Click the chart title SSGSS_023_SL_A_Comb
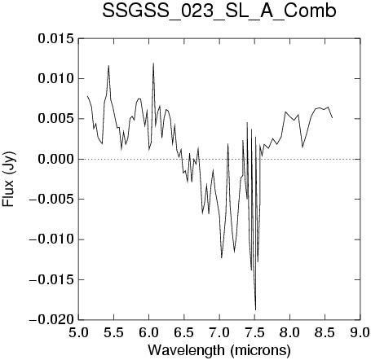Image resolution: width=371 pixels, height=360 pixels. click(219, 11)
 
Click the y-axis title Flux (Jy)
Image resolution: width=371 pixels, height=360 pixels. click(8, 179)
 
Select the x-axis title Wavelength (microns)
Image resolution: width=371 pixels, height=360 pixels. click(219, 350)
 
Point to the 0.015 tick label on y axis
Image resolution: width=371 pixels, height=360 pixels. click(56, 38)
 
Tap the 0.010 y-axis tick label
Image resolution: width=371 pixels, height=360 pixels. click(56, 79)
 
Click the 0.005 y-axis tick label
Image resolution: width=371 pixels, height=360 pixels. click(56, 119)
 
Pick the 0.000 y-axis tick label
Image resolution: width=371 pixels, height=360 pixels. click(56, 159)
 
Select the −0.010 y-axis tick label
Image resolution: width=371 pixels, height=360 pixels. click(51, 239)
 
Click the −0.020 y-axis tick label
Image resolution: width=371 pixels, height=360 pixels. click(51, 320)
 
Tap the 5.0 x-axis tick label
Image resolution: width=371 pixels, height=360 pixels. click(78, 332)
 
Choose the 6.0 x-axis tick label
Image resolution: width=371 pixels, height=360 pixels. click(149, 332)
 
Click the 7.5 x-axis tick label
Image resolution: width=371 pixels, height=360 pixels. click(254, 332)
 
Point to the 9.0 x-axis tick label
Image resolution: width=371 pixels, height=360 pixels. click(360, 332)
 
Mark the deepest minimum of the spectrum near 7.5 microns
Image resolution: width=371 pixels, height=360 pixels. click(255, 310)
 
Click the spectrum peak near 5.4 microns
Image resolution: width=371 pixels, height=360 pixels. click(108, 65)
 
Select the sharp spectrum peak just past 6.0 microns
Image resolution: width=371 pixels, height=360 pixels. click(153, 63)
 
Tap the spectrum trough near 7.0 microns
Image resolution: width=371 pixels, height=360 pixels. click(222, 257)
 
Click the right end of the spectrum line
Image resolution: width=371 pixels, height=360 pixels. click(332, 118)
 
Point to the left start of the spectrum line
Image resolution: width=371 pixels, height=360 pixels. click(87, 96)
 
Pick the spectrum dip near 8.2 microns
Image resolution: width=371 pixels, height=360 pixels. click(303, 147)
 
